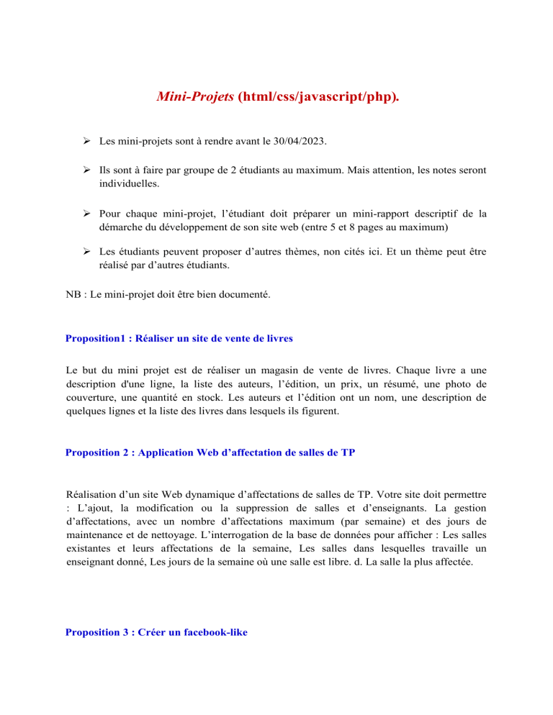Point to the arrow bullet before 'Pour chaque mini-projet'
point(86,213)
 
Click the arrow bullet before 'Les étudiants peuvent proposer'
point(86,255)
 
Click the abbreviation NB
point(73,294)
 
